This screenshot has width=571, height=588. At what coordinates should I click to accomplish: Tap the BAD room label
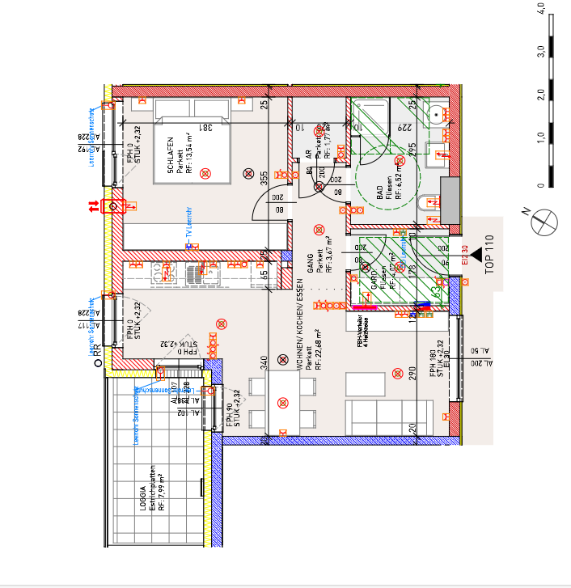click(379, 192)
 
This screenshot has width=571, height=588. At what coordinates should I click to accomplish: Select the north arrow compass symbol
click(545, 219)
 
